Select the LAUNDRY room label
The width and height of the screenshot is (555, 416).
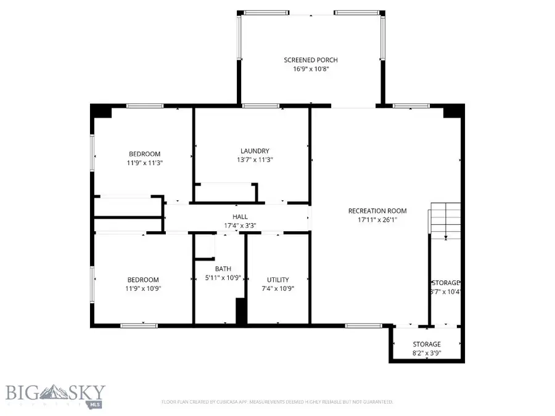(x=255, y=150)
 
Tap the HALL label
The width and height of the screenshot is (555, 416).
(x=240, y=217)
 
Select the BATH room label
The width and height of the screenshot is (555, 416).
(x=223, y=269)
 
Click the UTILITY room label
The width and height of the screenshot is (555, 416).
(x=277, y=279)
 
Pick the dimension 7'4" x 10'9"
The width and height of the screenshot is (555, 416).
(x=277, y=288)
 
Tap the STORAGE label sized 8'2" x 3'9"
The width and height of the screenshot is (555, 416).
(x=426, y=344)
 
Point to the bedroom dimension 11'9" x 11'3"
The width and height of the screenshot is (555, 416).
(x=144, y=163)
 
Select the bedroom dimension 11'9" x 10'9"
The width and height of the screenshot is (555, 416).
(x=143, y=288)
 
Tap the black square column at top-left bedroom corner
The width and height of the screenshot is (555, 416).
(x=101, y=111)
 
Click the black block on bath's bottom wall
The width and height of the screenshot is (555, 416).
(x=241, y=311)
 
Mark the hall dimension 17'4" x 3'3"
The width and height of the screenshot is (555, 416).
(x=240, y=226)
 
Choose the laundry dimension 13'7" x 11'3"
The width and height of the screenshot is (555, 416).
(x=255, y=160)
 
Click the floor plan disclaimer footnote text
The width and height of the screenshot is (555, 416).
(x=277, y=402)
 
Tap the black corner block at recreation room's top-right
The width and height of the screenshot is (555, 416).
(x=453, y=111)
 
